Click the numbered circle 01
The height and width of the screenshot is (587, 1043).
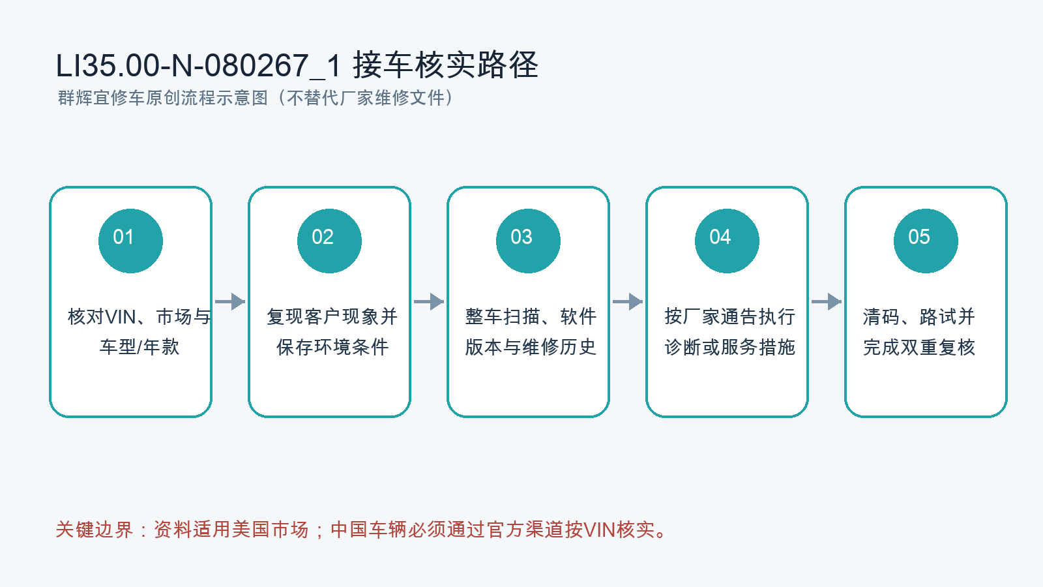[x=130, y=241]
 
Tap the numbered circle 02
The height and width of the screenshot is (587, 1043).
[x=329, y=241]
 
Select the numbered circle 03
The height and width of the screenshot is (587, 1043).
[x=528, y=241]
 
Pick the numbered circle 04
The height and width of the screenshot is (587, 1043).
[x=727, y=241]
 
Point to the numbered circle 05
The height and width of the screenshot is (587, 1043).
[x=926, y=241]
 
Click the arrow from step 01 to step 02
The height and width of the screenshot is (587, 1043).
[x=230, y=301]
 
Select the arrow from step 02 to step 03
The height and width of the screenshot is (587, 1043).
[x=429, y=301]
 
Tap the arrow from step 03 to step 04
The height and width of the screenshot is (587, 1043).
[x=628, y=301]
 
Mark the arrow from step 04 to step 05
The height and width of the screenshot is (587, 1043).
[x=827, y=301]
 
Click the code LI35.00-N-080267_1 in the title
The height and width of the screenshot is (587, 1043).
[x=199, y=65]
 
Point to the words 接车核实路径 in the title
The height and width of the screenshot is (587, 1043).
[x=446, y=65]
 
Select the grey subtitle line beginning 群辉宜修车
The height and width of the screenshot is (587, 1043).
[x=255, y=98]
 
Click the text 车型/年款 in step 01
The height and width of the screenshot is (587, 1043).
[x=140, y=347]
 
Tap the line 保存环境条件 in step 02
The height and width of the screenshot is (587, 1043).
[x=332, y=347]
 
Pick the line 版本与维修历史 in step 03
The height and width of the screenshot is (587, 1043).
[x=531, y=347]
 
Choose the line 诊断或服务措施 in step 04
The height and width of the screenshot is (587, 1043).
[x=729, y=347]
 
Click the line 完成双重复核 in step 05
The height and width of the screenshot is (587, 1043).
[x=919, y=347]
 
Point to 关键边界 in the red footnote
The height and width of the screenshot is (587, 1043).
[x=94, y=530]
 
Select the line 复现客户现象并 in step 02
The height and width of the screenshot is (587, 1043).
[x=332, y=317]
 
